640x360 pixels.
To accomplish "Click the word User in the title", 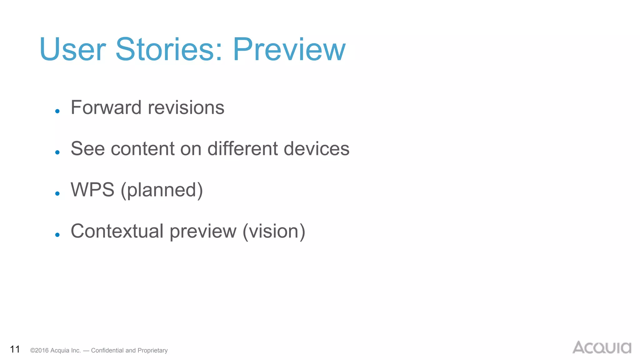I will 73,49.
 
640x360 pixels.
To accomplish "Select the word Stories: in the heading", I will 169,49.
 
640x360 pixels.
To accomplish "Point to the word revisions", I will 186,107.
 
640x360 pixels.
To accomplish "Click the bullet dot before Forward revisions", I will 57,111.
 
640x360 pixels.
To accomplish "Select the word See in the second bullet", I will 87,148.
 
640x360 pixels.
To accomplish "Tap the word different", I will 242,148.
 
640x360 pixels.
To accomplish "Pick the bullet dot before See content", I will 57,152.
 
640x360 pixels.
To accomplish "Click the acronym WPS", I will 92,190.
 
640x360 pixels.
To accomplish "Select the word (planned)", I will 162,190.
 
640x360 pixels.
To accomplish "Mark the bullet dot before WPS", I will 57,193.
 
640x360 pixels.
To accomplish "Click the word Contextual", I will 117,231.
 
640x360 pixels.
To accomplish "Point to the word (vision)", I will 274,232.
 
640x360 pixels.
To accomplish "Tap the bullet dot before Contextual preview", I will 57,235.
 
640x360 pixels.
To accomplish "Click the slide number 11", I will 15,349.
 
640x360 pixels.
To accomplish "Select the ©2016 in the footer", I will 39,351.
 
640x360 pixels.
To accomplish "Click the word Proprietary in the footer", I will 152,351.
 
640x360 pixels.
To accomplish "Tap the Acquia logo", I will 602,347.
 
